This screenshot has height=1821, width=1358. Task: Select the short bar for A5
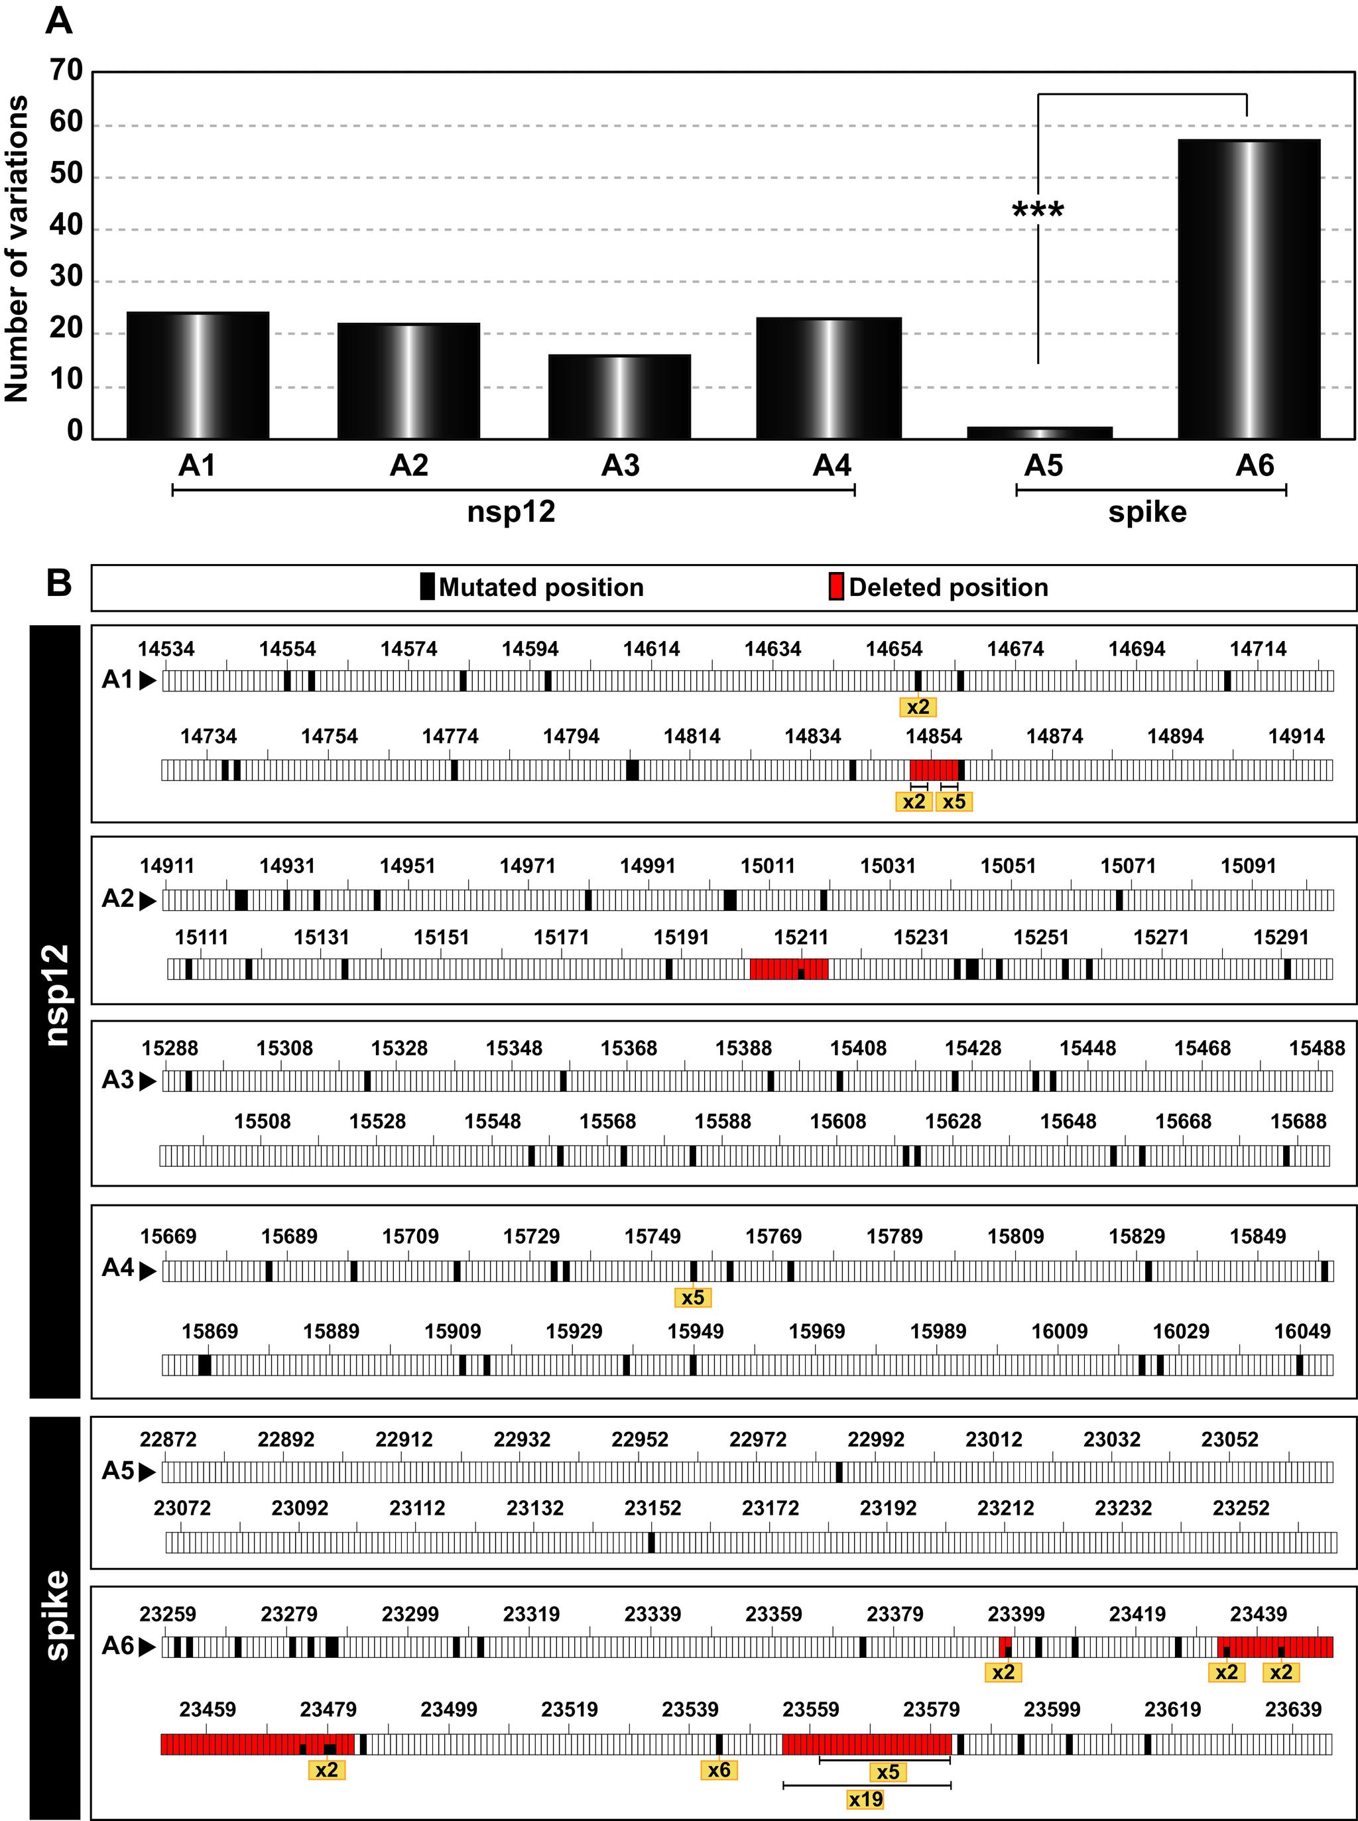pos(1039,432)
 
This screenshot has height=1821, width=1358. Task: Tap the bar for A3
pos(619,397)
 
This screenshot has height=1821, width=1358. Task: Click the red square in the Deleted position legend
pos(836,587)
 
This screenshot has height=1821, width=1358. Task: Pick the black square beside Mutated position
pos(426,587)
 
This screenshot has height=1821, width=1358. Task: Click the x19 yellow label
pos(865,1800)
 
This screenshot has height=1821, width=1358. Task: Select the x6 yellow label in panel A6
pos(719,1769)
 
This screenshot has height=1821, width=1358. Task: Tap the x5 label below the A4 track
pos(693,1297)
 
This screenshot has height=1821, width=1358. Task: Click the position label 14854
pos(934,736)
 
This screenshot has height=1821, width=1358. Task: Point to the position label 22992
pos(875,1440)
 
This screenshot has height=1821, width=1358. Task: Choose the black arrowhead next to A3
pos(148,1081)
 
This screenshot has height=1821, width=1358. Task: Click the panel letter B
pos(58,583)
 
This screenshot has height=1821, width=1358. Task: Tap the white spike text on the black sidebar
pos(56,1615)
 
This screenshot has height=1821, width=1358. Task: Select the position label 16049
pos(1301,1331)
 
